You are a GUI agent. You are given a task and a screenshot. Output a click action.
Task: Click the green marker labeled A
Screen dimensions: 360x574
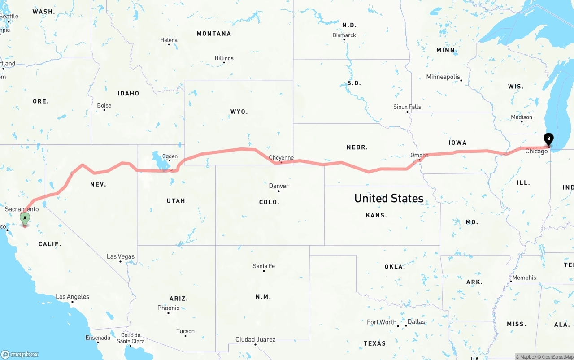pos(25,218)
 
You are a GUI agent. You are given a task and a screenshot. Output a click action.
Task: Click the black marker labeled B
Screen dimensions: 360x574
pos(548,139)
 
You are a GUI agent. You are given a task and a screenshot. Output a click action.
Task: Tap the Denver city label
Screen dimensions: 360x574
pos(278,186)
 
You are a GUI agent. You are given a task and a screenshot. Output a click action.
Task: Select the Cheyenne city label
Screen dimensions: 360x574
pos(281,157)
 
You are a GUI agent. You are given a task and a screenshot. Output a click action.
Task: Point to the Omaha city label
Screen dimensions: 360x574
pos(419,155)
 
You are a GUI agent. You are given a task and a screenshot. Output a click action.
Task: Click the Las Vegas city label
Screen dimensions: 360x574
pos(121,256)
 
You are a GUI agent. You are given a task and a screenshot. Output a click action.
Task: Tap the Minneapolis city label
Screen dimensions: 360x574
pos(443,77)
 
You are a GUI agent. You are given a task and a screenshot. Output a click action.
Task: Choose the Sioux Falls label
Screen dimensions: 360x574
pos(407,107)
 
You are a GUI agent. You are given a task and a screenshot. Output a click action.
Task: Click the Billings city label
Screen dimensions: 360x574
pos(224,58)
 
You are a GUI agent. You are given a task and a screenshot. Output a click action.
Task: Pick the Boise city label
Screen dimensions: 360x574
pos(104,105)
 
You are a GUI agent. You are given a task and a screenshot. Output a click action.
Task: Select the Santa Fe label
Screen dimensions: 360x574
pos(264,266)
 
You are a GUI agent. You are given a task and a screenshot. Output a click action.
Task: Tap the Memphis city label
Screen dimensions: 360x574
pos(524,278)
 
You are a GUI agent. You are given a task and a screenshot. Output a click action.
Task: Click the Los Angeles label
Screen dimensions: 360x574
pos(72,296)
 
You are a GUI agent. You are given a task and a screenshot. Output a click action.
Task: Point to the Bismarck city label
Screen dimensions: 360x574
pos(344,35)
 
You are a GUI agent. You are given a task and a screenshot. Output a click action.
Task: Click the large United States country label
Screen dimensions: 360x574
pos(389,198)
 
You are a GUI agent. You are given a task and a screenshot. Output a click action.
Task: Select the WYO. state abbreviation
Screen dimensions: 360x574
pos(239,111)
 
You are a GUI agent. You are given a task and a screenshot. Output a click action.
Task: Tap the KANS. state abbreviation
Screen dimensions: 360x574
pos(376,215)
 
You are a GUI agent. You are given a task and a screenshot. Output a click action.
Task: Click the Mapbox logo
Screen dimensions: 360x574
pos(20,354)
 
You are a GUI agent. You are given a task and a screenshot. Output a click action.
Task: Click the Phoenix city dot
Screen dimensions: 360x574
pos(168,313)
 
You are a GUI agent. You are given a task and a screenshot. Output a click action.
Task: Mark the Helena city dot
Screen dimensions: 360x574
pos(169,45)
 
